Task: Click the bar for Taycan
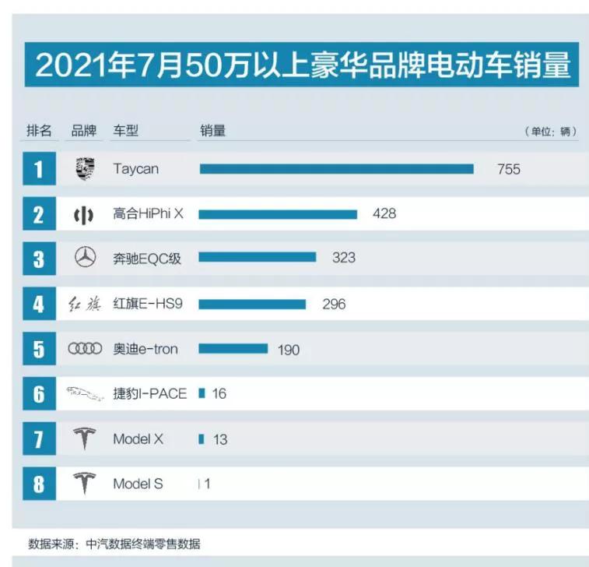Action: pos(336,169)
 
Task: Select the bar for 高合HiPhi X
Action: pos(278,214)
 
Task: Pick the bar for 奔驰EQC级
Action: pos(258,258)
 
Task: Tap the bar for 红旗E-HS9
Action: pos(252,305)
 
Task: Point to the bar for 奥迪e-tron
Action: pos(233,349)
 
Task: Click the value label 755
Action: pos(509,169)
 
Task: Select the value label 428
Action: pos(384,213)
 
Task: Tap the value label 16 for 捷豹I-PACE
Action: pos(219,394)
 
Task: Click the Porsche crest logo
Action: pos(85,168)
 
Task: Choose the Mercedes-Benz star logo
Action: pos(85,258)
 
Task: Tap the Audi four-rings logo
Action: pos(85,349)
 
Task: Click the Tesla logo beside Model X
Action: pos(85,439)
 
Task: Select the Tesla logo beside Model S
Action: pos(85,484)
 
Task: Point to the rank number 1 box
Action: pos(38,169)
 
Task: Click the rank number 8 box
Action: pos(38,484)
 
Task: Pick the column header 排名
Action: pos(39,131)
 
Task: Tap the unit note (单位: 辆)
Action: pos(550,132)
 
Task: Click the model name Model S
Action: pos(138,484)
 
